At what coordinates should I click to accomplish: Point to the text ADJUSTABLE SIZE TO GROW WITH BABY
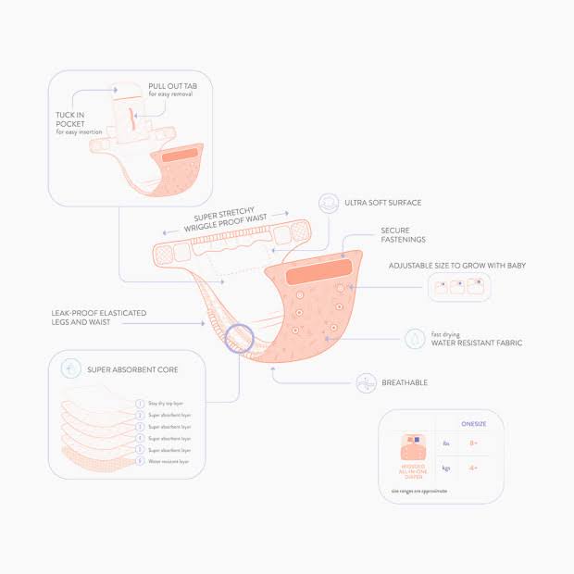pos(457,266)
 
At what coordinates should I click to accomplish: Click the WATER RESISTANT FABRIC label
pos(477,343)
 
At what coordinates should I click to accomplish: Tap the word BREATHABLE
pos(406,382)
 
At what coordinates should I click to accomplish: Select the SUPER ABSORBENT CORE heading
pos(132,369)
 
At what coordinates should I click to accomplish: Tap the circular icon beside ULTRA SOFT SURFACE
pos(328,203)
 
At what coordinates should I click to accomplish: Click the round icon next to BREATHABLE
pos(367,382)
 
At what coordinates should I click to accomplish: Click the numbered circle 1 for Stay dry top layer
pos(140,404)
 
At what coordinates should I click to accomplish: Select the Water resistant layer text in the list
pos(168,461)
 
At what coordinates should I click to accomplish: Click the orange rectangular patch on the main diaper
pos(318,276)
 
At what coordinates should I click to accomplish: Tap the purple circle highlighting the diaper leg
pos(239,338)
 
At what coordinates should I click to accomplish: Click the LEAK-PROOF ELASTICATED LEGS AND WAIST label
pos(99,318)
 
